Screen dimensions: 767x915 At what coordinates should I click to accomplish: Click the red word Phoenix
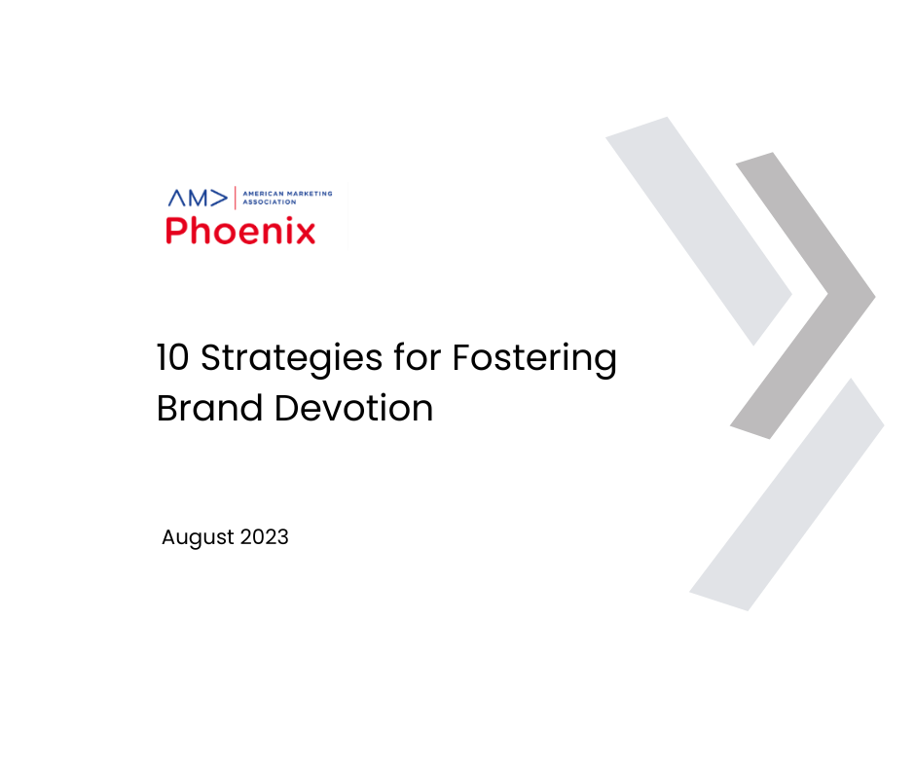(240, 231)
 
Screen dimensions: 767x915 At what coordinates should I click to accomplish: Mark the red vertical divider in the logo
(235, 198)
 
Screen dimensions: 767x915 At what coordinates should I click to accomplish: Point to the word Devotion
(353, 408)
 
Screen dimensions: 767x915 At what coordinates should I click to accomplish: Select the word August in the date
(196, 537)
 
